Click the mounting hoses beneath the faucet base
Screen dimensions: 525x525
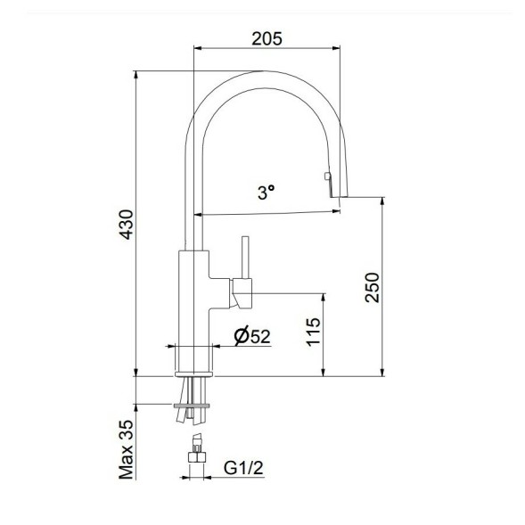[193, 392]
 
